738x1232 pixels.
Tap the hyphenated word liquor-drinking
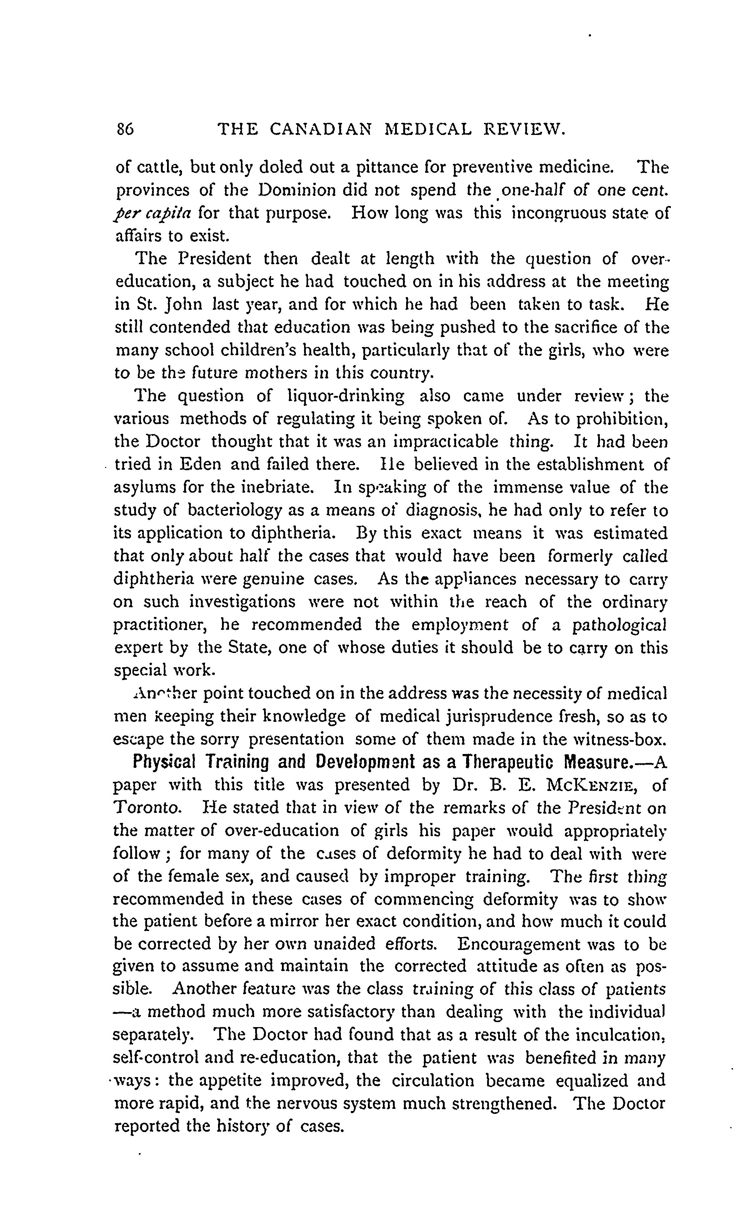pyautogui.click(x=346, y=396)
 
